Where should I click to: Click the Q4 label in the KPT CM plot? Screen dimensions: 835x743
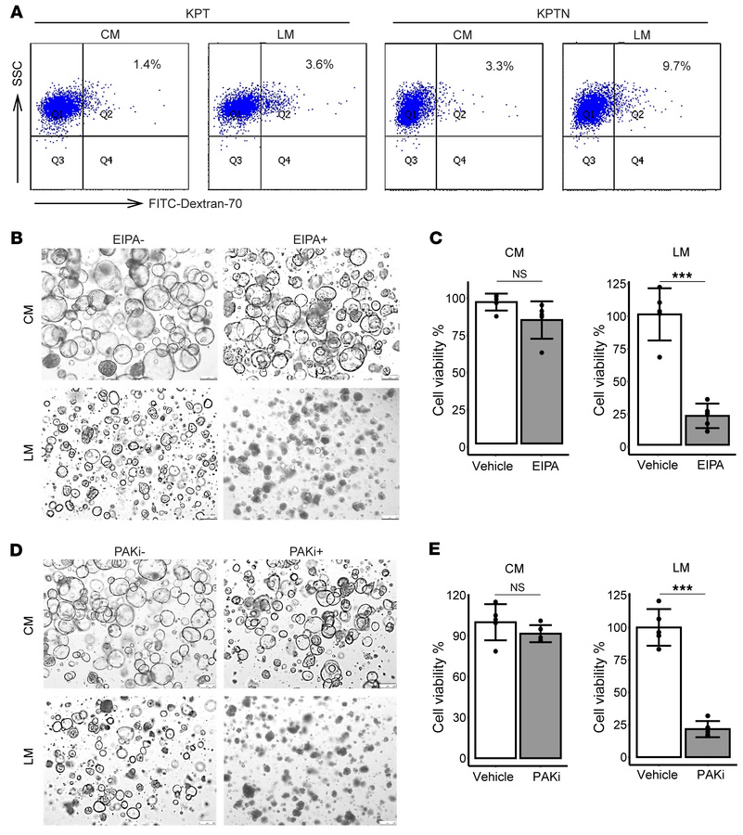pyautogui.click(x=107, y=161)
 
